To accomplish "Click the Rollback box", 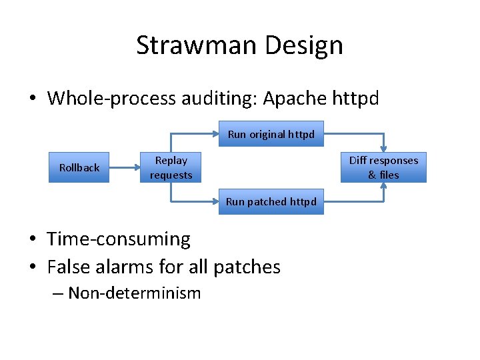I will [x=79, y=168].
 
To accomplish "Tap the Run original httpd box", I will [x=271, y=134].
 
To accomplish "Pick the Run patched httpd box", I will [x=271, y=201].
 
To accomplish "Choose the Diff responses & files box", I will [x=383, y=168].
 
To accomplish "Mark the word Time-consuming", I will [x=119, y=239].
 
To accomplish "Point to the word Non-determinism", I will [x=134, y=293].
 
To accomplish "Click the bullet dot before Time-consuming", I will [x=33, y=239].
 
